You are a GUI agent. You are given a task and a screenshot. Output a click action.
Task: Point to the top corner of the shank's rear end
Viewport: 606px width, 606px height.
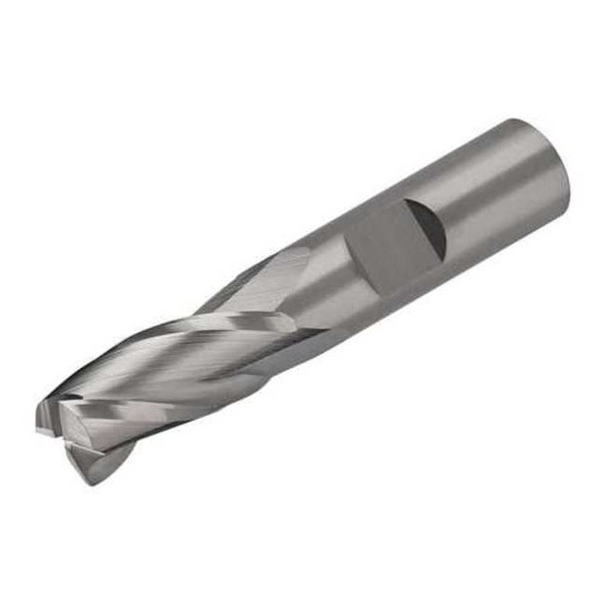(519, 122)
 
